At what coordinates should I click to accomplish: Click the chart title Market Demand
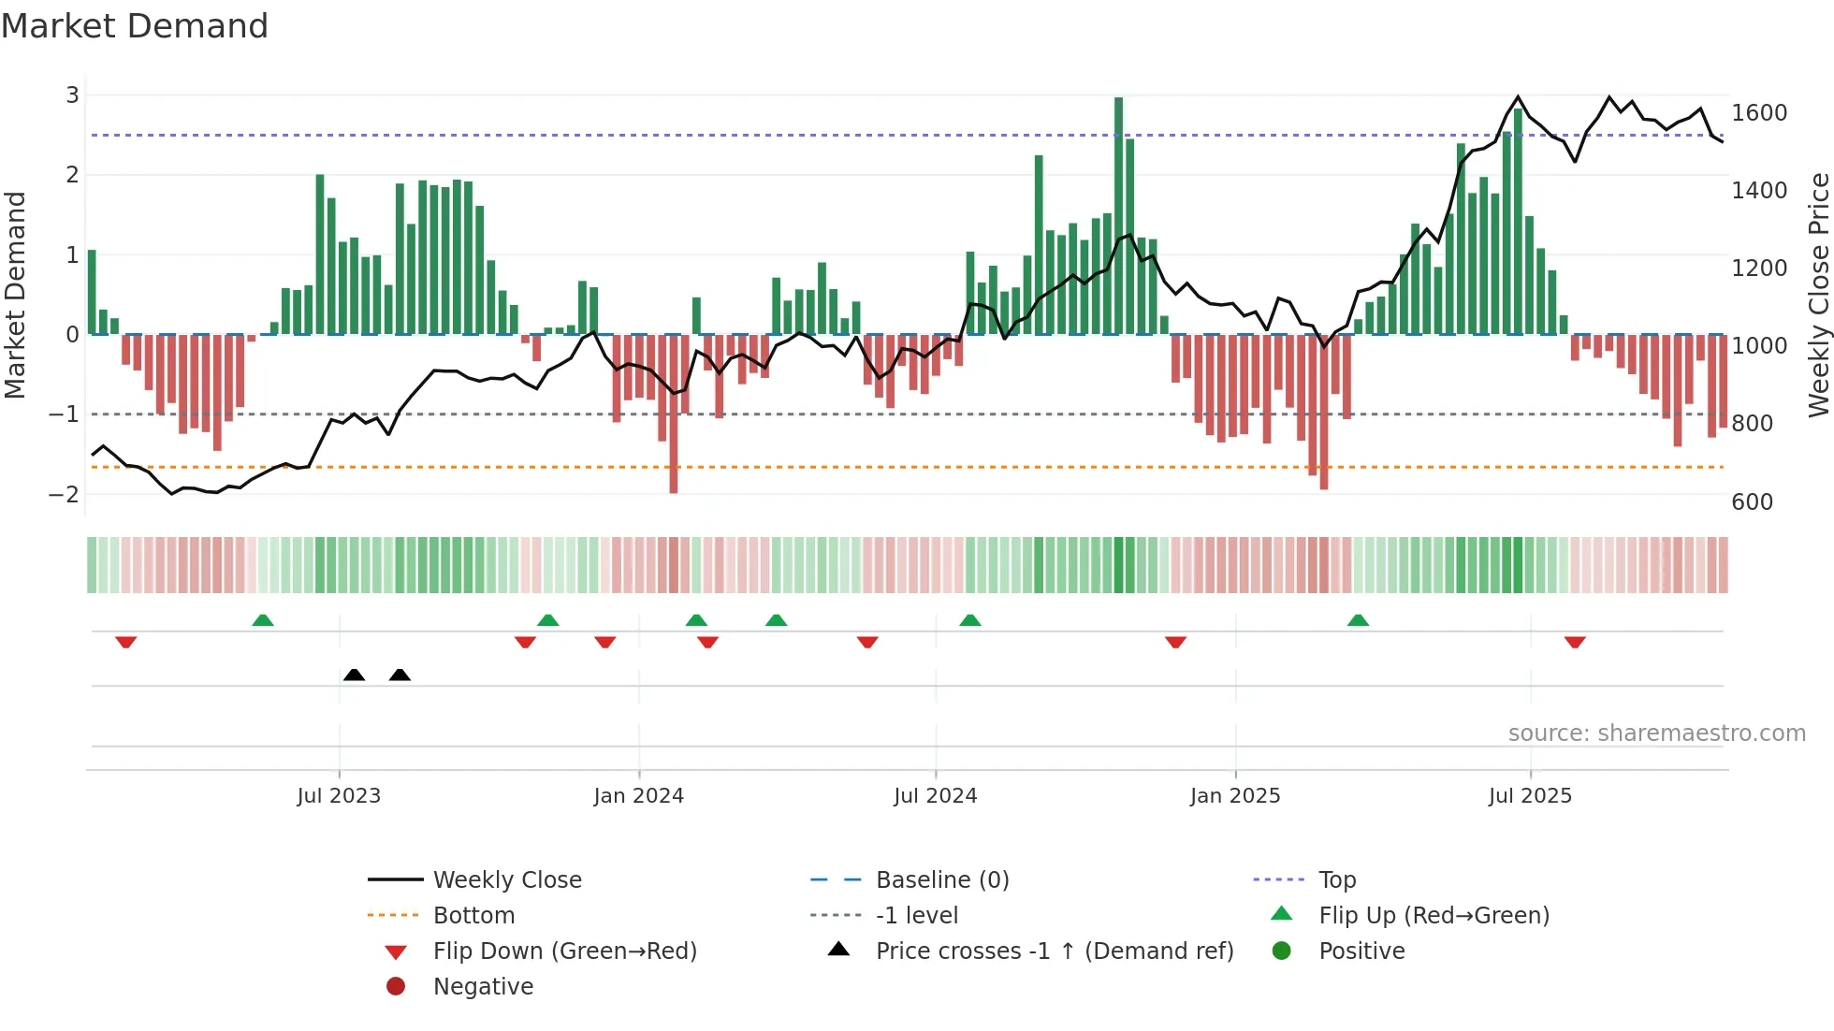coord(135,26)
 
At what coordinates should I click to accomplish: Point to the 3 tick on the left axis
coord(72,95)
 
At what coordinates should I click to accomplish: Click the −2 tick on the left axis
coord(65,494)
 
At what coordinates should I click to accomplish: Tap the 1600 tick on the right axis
coord(1759,113)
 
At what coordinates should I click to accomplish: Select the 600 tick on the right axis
coord(1752,502)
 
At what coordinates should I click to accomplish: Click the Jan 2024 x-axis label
coord(638,796)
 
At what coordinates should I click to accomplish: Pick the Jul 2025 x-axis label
coord(1530,796)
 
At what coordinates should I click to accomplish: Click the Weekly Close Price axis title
coord(1818,295)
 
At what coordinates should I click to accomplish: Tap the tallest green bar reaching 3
coord(1118,215)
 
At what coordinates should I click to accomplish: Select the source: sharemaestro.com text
coord(1656,733)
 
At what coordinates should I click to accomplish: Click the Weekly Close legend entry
coord(506,880)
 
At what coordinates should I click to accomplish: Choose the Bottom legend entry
coord(473,916)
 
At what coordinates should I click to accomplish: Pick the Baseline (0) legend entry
coord(941,880)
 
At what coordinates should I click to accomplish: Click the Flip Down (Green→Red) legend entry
coord(564,951)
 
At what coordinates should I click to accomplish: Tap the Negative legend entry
coord(483,987)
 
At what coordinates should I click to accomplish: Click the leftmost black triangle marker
coord(354,675)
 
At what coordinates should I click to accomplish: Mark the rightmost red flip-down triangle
coord(1575,642)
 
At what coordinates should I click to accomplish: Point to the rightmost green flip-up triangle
coord(1358,620)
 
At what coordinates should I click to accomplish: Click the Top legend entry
coord(1336,880)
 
